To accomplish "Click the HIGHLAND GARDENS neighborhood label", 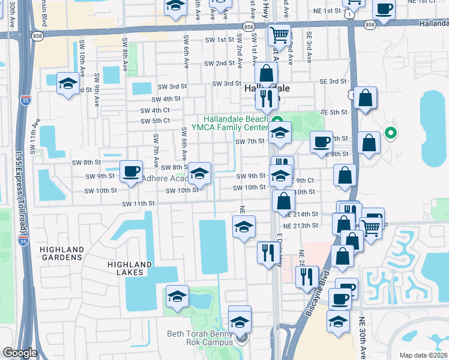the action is point(61,253).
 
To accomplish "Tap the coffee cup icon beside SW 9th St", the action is point(130,171).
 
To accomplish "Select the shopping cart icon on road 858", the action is point(279,34).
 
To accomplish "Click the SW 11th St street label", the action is point(138,203).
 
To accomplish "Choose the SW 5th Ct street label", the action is point(155,121).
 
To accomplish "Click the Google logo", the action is point(20,353).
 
